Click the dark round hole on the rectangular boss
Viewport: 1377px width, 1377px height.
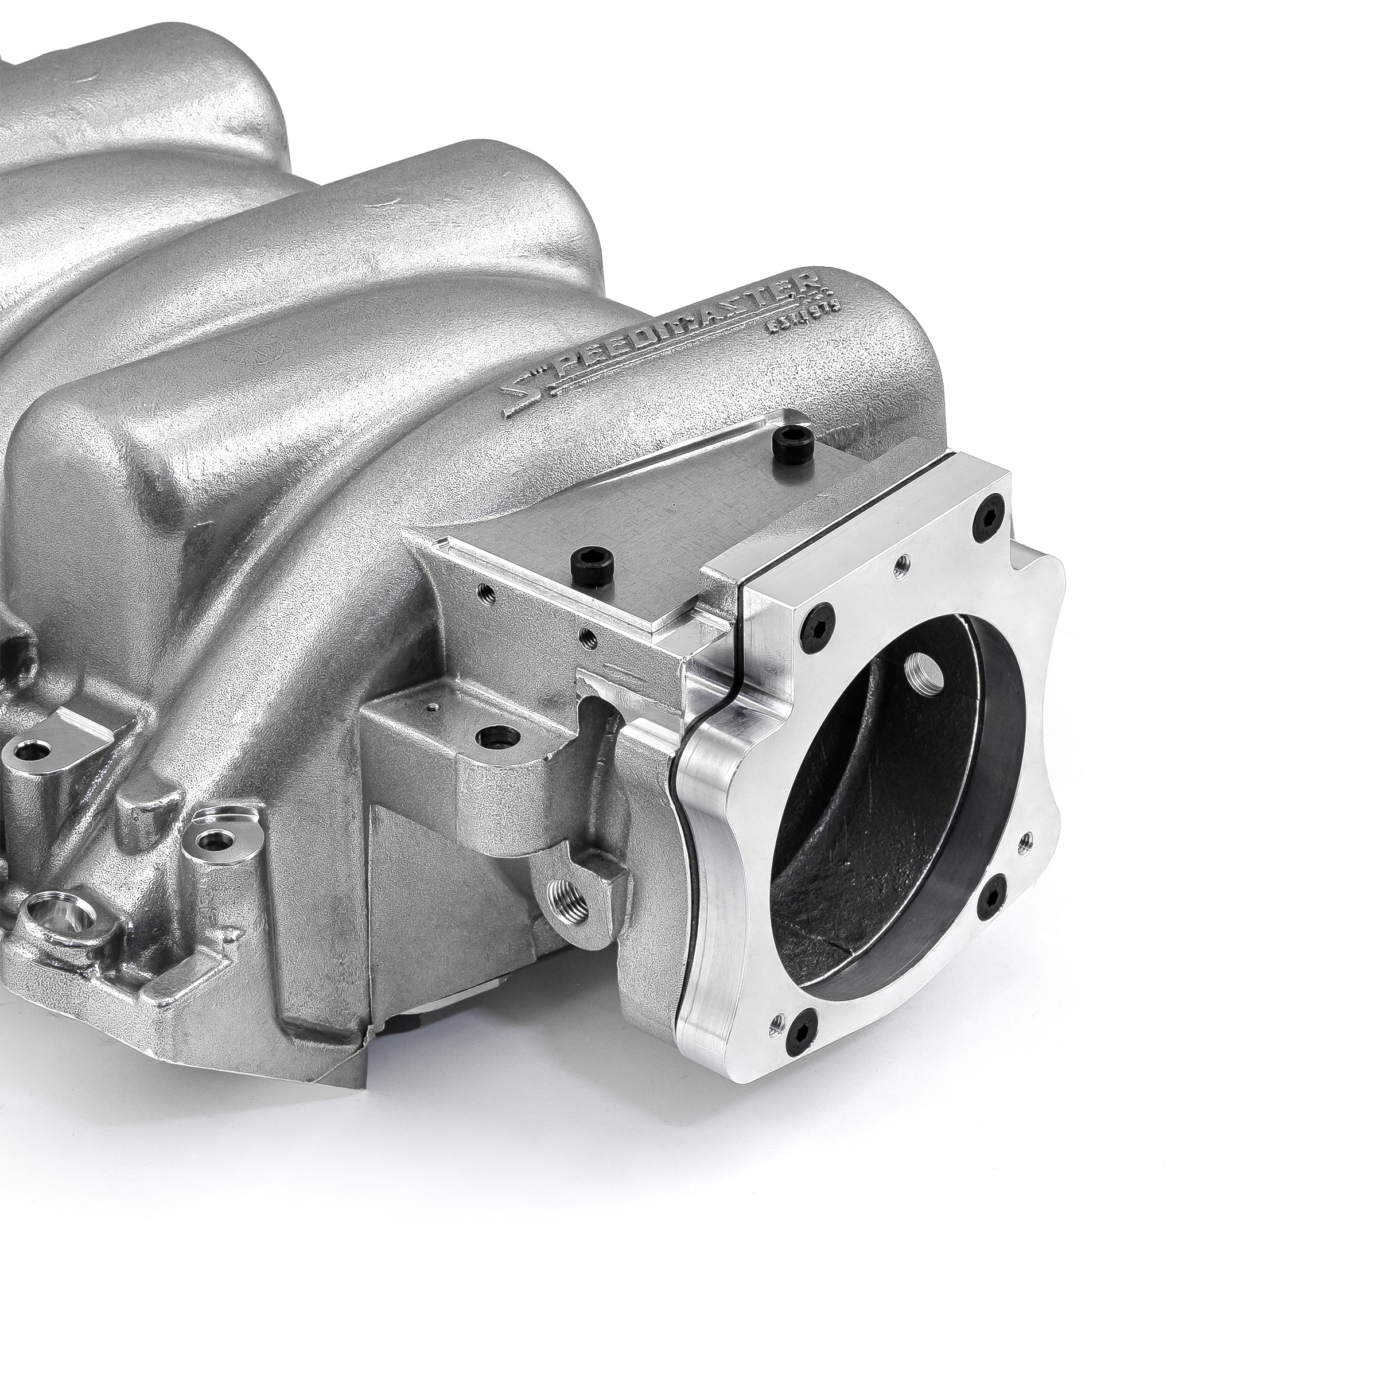(x=492, y=735)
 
